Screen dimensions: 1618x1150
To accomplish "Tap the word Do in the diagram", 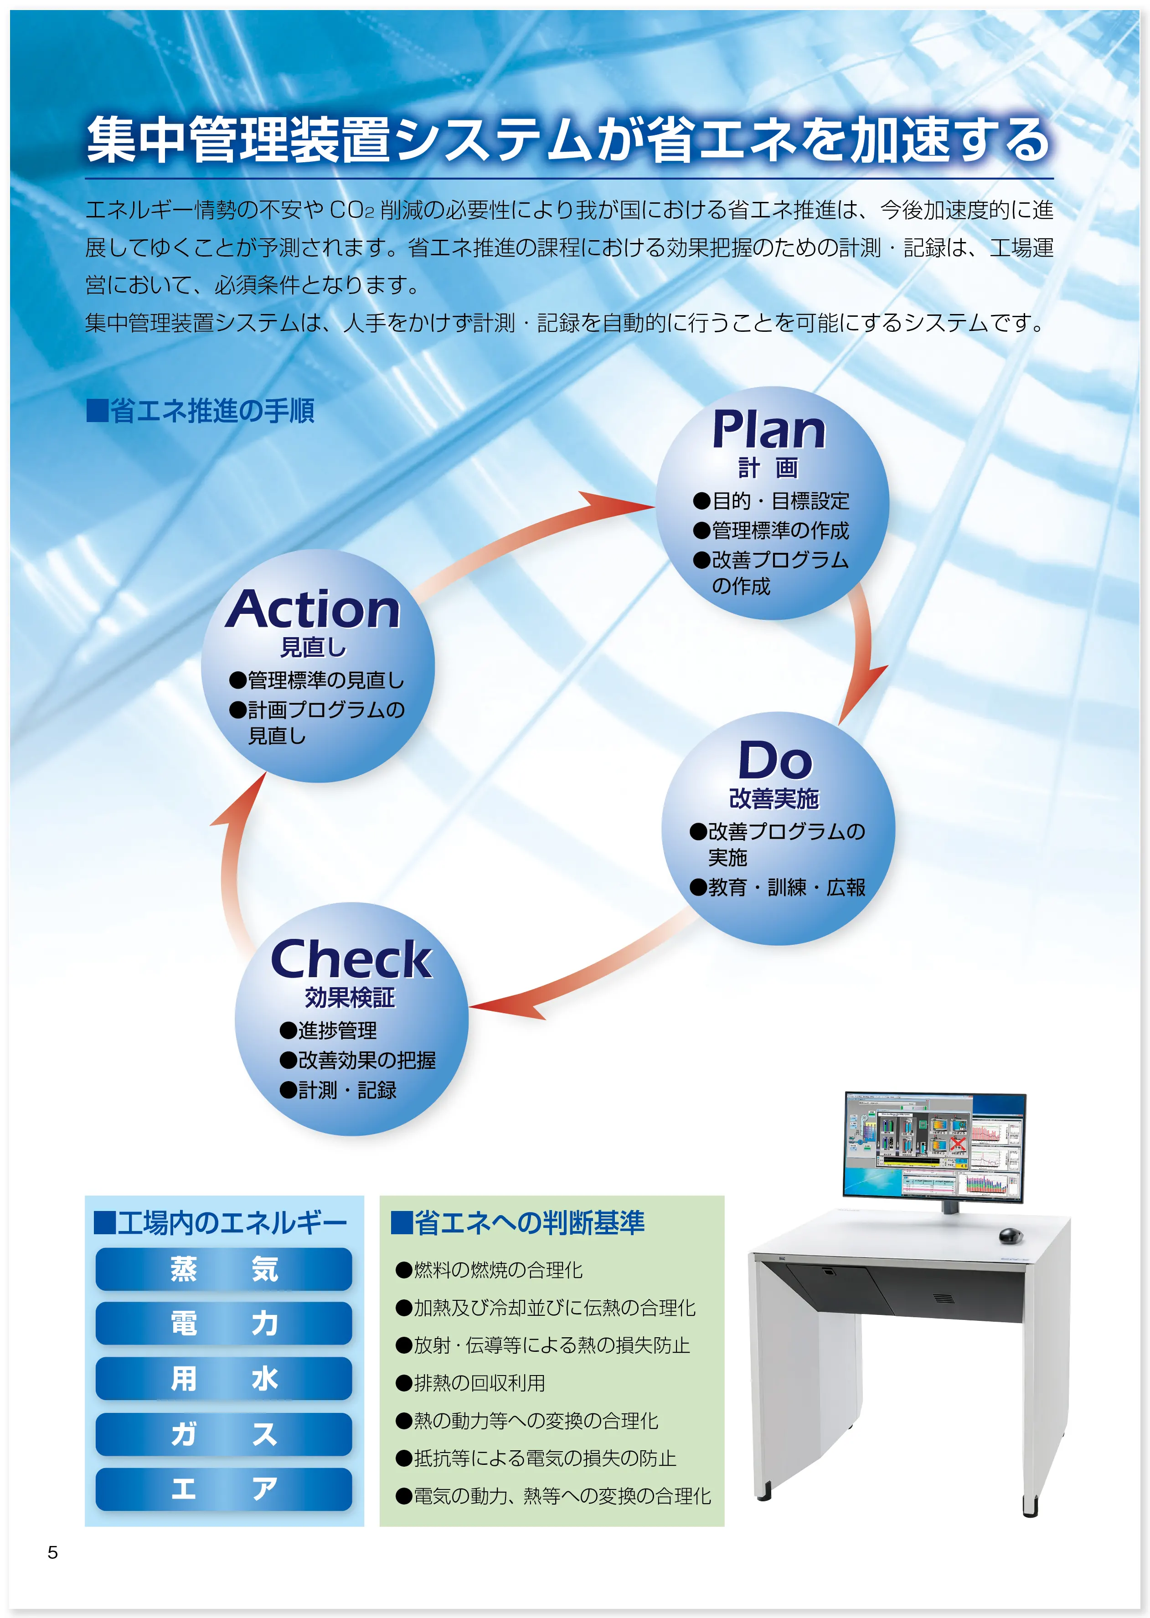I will tap(775, 761).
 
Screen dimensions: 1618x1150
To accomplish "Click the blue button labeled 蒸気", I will tap(224, 1269).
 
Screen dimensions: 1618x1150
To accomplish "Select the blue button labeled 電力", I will tap(224, 1323).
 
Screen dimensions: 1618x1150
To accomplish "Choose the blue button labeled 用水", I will tap(224, 1378).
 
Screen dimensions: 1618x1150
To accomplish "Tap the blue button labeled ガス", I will tap(224, 1434).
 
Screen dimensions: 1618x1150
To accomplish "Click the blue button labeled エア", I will tap(224, 1489).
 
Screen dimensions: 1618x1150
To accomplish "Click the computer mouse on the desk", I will tap(1011, 1236).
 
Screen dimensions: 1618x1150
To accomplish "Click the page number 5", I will tap(52, 1552).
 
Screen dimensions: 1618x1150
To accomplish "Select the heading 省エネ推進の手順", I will tap(201, 411).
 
